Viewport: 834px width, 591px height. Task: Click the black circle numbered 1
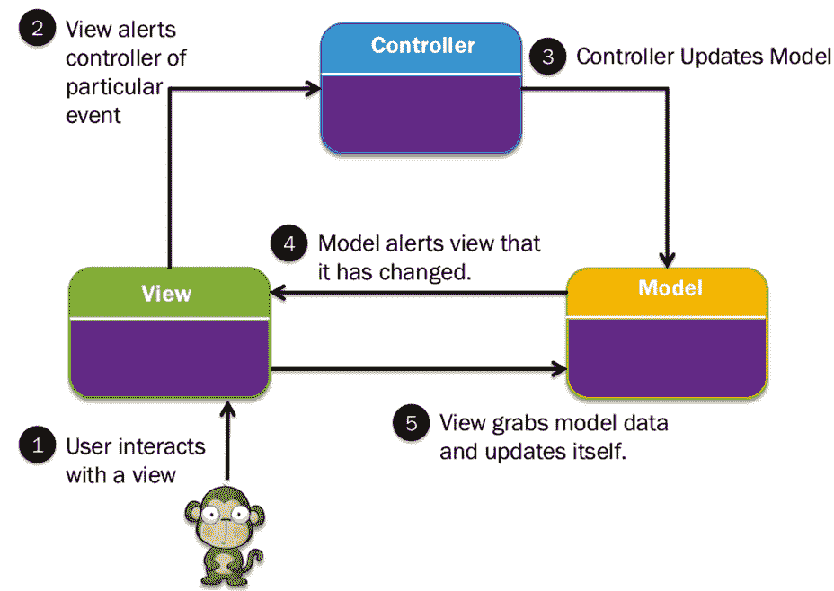pos(37,445)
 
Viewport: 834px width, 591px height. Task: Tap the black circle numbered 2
pos(37,28)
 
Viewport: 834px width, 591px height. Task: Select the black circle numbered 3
pos(548,57)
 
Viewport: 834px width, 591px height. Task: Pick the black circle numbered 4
pos(289,244)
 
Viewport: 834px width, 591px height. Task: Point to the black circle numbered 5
pos(411,423)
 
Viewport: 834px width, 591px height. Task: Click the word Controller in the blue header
pos(423,46)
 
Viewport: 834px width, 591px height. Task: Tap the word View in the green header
pos(166,294)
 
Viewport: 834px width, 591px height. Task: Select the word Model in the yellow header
pos(670,287)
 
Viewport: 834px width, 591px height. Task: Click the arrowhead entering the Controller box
pos(313,88)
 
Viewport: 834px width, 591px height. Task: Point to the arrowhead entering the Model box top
pos(667,260)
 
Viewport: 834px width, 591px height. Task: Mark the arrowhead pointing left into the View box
pos(279,293)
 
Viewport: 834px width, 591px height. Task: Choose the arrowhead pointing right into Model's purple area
pos(560,369)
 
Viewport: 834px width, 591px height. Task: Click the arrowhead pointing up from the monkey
pos(227,410)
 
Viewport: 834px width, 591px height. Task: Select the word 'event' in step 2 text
pos(93,116)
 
